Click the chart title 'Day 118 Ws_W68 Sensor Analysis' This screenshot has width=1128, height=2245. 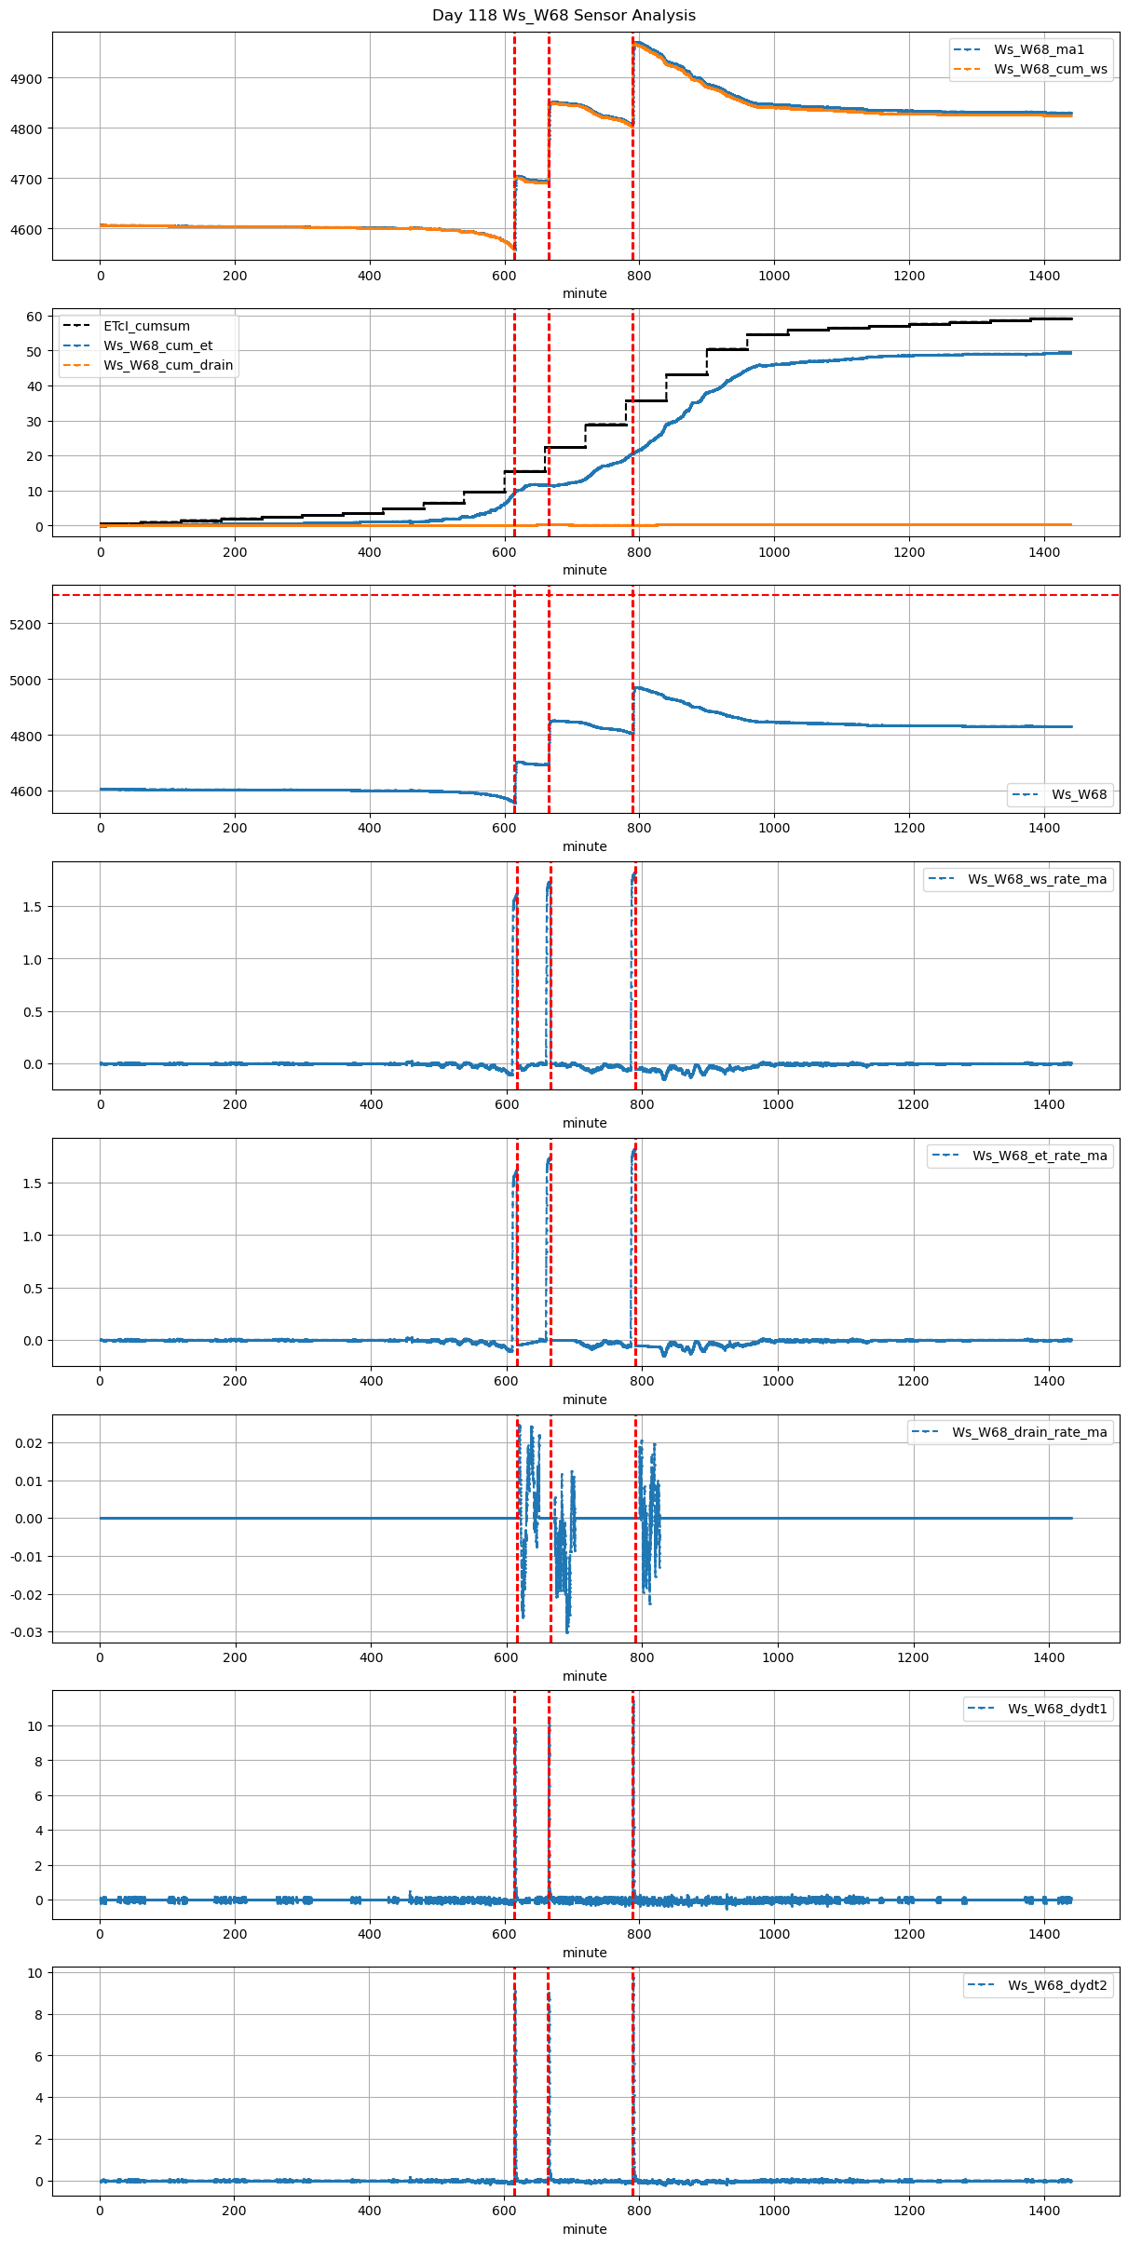coord(564,16)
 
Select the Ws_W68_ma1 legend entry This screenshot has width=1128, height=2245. coord(1039,49)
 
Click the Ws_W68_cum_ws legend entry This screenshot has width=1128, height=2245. coord(1050,69)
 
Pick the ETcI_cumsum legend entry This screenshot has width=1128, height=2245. coord(146,326)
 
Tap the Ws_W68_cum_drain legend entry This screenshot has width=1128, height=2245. coord(168,365)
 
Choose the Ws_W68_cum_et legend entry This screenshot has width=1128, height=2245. coord(157,345)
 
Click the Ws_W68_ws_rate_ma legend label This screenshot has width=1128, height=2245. coord(1037,879)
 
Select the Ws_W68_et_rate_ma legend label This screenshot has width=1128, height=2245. coord(1040,1156)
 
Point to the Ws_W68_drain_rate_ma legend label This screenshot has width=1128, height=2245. coord(1029,1432)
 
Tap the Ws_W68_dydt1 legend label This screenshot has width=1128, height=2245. coord(1057,1709)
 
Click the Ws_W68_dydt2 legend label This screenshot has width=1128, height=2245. coord(1057,1985)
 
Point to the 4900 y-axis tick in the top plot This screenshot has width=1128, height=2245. coord(26,78)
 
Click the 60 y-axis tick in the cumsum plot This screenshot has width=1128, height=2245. coord(34,317)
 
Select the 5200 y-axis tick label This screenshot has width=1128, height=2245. coord(26,624)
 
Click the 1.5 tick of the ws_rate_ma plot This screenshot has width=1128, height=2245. coord(32,907)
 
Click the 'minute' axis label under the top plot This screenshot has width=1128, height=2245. coord(585,293)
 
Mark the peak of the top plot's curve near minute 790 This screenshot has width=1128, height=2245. coord(636,42)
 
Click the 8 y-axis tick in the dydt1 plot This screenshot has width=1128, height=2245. coord(38,1761)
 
